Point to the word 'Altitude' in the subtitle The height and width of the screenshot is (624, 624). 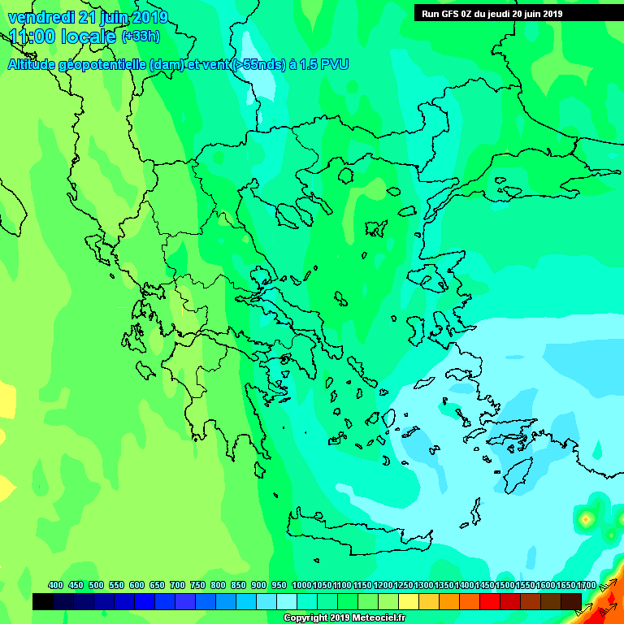pos(35,65)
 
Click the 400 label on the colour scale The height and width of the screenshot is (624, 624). pos(55,585)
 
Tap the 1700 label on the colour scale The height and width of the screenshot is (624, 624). pos(586,585)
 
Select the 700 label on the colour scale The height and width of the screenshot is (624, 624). pos(177,585)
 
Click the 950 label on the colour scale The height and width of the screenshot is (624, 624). pos(279,585)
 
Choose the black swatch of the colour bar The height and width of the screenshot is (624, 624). pos(43,601)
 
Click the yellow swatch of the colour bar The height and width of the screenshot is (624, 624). pos(409,601)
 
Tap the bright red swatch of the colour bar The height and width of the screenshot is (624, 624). pos(490,601)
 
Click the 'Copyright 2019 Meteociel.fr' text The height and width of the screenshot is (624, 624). pos(344,618)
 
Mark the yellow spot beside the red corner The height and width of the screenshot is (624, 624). pos(585,518)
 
